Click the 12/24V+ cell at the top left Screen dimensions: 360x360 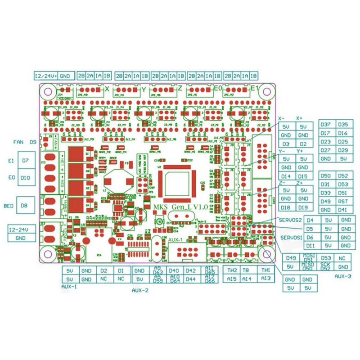(46, 76)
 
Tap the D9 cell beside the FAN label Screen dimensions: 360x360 (33, 142)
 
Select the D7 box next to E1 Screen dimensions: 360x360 (25, 161)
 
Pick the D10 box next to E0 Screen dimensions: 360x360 (25, 178)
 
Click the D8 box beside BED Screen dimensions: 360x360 (24, 206)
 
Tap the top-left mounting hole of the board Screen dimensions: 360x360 (46, 91)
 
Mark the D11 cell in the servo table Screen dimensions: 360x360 (310, 246)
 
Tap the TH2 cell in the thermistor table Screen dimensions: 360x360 (232, 270)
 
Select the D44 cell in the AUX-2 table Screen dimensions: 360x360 (190, 279)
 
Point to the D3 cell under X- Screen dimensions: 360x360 (286, 144)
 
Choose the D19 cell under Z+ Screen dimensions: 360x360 (302, 207)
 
